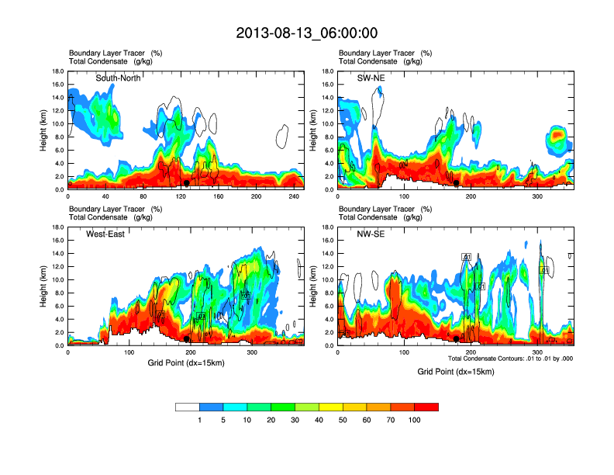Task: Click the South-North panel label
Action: (x=118, y=78)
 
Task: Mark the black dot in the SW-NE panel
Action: (x=457, y=183)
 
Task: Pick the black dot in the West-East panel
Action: (x=186, y=339)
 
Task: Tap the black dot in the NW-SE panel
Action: (x=457, y=339)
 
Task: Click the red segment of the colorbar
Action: (x=426, y=407)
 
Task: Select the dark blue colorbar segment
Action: (x=212, y=407)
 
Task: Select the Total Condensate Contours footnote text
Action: (x=510, y=358)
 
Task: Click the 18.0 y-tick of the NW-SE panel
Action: (x=328, y=227)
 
